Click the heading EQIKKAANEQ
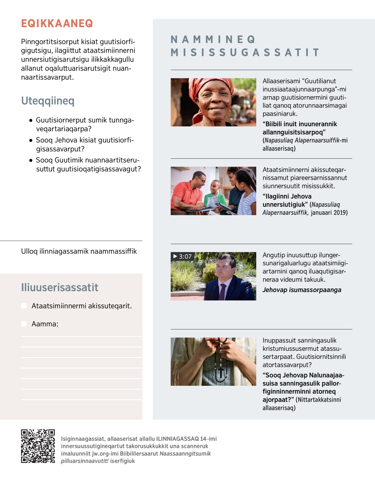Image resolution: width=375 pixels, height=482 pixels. (x=57, y=23)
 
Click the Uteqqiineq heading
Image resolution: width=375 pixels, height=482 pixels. (x=48, y=101)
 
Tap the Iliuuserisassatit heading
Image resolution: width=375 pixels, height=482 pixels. (x=60, y=287)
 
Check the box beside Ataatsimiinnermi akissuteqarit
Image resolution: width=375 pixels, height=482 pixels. (x=24, y=306)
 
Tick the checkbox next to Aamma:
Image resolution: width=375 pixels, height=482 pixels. (x=24, y=324)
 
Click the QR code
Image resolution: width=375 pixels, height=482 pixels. (x=38, y=446)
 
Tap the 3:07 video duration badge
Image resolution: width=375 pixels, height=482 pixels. (x=182, y=256)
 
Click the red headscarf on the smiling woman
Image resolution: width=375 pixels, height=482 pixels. (x=212, y=84)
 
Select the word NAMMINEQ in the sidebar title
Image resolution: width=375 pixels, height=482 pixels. (x=213, y=40)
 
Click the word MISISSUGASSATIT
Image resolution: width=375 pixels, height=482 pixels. (x=245, y=52)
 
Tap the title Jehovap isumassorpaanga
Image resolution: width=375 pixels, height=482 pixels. (x=302, y=290)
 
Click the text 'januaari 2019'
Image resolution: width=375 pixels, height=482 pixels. (x=329, y=213)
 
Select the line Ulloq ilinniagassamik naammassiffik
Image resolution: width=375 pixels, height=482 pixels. (x=79, y=251)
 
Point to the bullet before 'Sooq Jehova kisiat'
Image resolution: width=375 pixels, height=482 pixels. (x=31, y=140)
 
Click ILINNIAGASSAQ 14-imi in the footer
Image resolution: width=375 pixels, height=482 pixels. (x=186, y=439)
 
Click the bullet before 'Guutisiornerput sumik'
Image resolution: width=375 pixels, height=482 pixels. (x=31, y=120)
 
